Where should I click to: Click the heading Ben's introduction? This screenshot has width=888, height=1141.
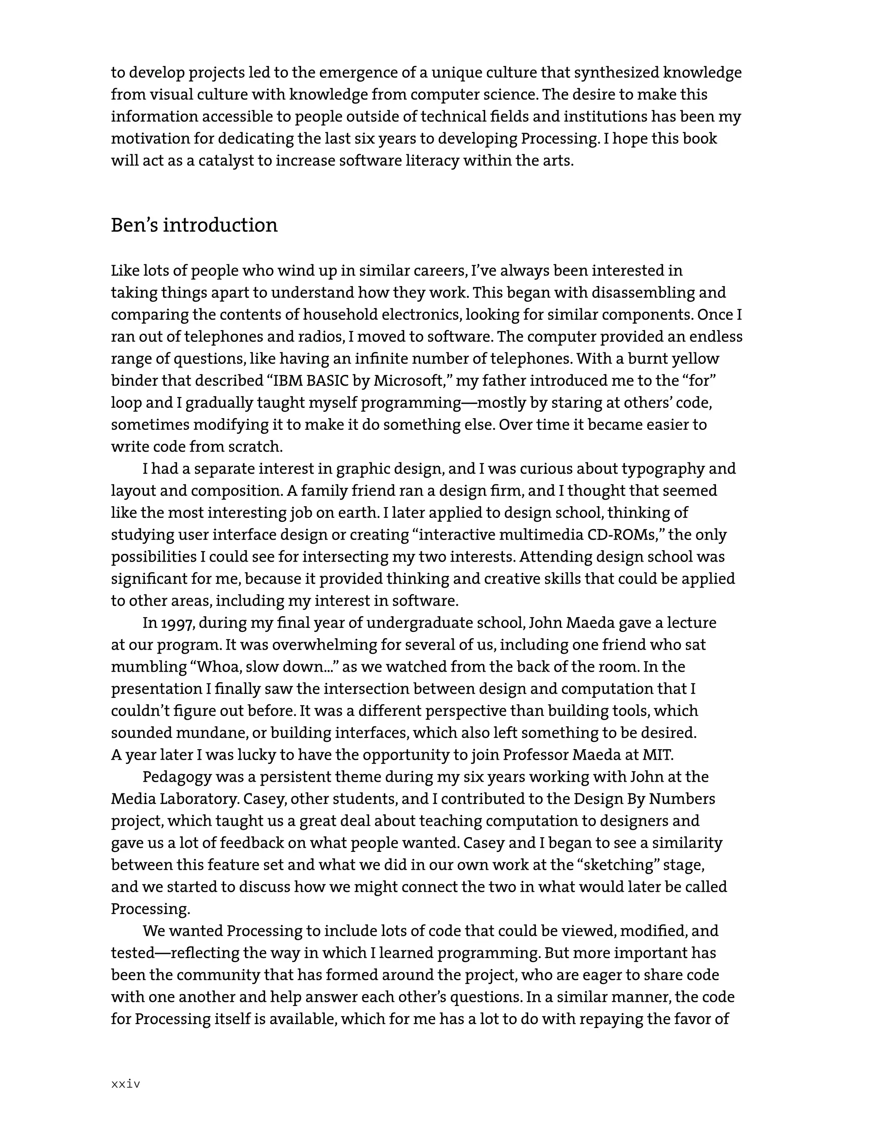click(x=194, y=225)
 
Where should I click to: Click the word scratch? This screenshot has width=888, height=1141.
click(x=258, y=447)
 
